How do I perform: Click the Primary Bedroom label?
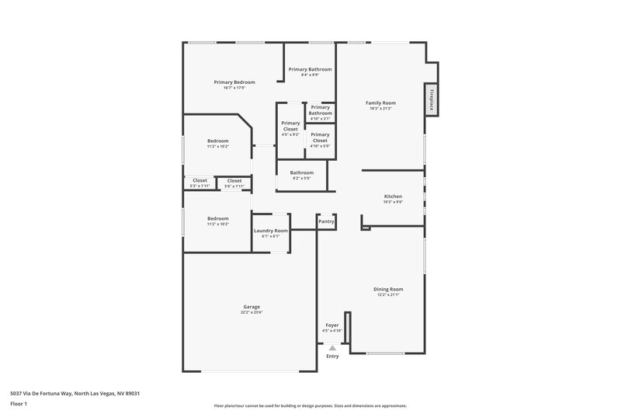234,82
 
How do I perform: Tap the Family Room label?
381,103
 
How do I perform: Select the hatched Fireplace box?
432,99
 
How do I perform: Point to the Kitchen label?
393,197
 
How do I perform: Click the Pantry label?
326,221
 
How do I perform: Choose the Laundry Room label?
271,231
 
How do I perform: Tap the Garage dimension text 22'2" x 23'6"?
252,312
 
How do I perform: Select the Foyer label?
331,325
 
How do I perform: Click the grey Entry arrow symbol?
332,348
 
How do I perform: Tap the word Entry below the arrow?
332,357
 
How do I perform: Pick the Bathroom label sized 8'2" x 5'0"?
302,172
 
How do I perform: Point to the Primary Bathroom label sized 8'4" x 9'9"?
310,69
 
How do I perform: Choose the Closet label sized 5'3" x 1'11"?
200,180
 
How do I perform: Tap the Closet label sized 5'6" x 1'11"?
234,180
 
